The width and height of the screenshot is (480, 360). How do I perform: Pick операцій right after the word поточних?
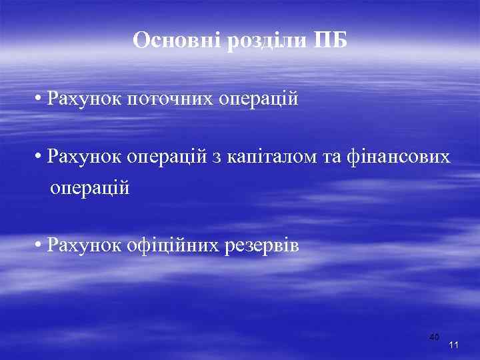257,100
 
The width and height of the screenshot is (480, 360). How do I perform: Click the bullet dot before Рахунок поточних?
41,99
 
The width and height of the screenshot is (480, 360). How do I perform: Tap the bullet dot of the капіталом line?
41,157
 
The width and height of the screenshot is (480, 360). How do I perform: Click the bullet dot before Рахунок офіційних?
41,245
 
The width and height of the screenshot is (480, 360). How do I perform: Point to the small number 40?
434,337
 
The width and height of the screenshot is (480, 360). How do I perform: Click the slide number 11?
454,345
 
